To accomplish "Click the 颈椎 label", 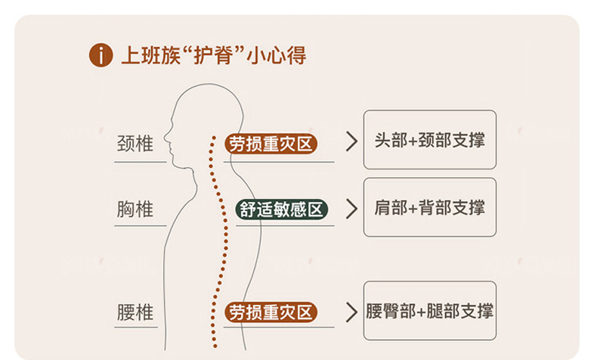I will pyautogui.click(x=136, y=144).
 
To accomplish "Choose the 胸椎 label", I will pyautogui.click(x=136, y=209).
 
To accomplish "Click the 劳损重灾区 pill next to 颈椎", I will pyautogui.click(x=271, y=143).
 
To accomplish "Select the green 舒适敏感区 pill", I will pyautogui.click(x=282, y=209).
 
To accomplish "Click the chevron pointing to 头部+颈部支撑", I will pyautogui.click(x=351, y=142).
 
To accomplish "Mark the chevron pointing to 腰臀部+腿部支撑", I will pyautogui.click(x=351, y=312).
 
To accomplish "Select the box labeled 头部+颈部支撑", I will pyautogui.click(x=429, y=140).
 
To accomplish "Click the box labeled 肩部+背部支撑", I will pyautogui.click(x=429, y=207).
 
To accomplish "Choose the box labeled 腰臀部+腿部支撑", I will pyautogui.click(x=429, y=310).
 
